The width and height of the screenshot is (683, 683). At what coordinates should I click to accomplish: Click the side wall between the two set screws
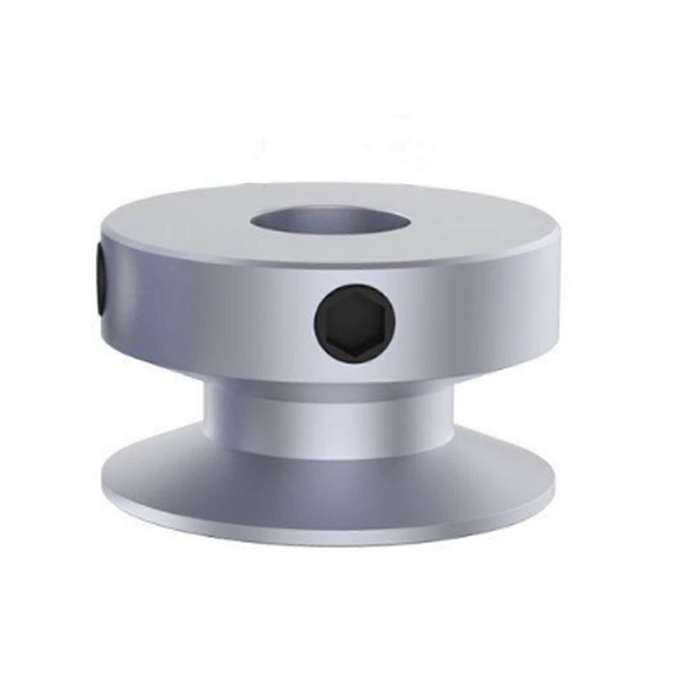[x=205, y=307]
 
